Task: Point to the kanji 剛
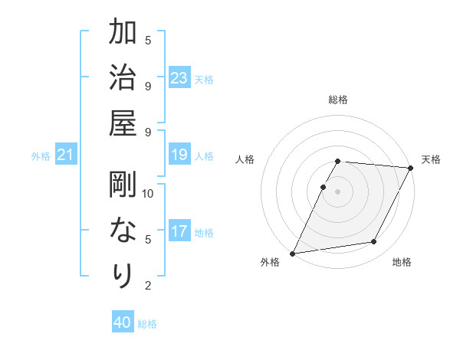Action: (x=123, y=184)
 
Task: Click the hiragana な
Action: (x=123, y=230)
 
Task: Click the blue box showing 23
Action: (x=179, y=78)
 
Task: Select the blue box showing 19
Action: (x=179, y=155)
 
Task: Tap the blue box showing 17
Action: (x=179, y=231)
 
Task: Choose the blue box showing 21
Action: (x=66, y=155)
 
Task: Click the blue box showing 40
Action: (x=123, y=322)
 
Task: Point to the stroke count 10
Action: (x=148, y=193)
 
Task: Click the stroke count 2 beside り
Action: (x=148, y=286)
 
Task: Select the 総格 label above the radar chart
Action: (x=338, y=100)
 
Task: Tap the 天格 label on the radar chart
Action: (x=431, y=159)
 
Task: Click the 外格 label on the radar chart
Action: (x=270, y=262)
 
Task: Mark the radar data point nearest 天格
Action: (x=411, y=168)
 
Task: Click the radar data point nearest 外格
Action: (x=292, y=253)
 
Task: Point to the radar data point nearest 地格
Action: (x=374, y=242)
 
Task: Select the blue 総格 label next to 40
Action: (x=147, y=324)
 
